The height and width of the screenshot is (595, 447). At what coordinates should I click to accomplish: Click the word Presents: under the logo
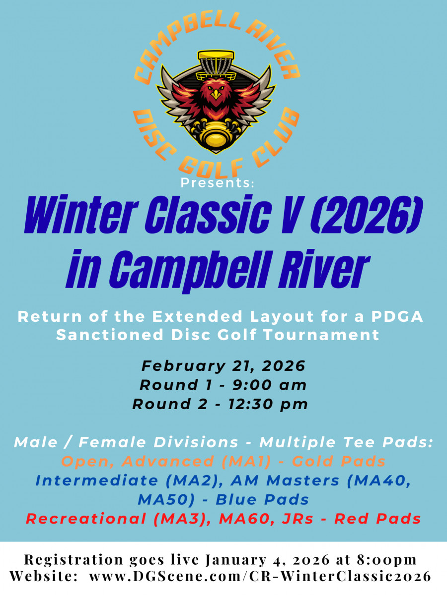click(x=217, y=183)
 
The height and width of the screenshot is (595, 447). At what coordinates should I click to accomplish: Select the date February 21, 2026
click(x=223, y=366)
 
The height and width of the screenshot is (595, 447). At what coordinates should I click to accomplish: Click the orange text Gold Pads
click(x=339, y=461)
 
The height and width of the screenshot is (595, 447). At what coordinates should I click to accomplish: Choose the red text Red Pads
click(x=377, y=519)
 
